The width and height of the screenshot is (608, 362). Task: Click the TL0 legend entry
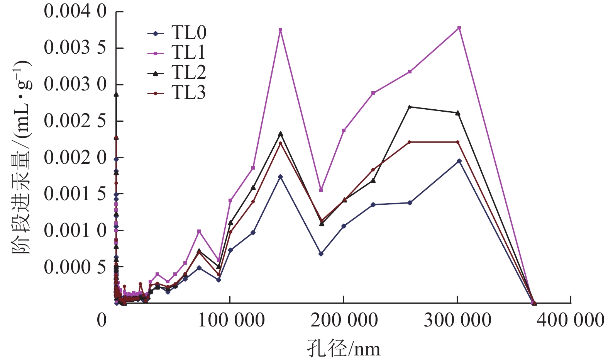point(178,33)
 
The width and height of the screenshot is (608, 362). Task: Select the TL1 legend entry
point(178,53)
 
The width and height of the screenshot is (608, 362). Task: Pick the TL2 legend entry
point(178,73)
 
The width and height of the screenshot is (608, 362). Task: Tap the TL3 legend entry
point(178,93)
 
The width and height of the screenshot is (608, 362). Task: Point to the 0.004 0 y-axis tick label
point(75,11)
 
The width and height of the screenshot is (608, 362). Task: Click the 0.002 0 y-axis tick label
point(75,157)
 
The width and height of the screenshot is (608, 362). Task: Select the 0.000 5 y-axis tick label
point(75,267)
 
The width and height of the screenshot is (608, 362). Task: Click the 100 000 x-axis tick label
point(231,320)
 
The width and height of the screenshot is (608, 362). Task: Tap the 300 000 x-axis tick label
point(457,320)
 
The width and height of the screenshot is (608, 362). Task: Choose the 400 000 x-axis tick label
point(570,320)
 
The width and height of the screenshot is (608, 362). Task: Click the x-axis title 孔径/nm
point(344,349)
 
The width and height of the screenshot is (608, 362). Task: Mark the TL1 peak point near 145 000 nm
point(280,30)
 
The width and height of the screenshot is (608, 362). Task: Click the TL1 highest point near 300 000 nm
point(459,28)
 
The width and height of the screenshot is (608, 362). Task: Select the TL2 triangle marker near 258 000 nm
point(410,107)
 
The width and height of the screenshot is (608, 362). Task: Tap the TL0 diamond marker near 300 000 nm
point(459,161)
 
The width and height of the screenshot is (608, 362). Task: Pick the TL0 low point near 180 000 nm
point(321,254)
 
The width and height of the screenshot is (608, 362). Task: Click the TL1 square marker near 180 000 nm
point(321,190)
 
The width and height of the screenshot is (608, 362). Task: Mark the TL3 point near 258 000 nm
point(410,142)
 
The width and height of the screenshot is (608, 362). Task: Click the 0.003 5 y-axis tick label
point(75,48)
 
